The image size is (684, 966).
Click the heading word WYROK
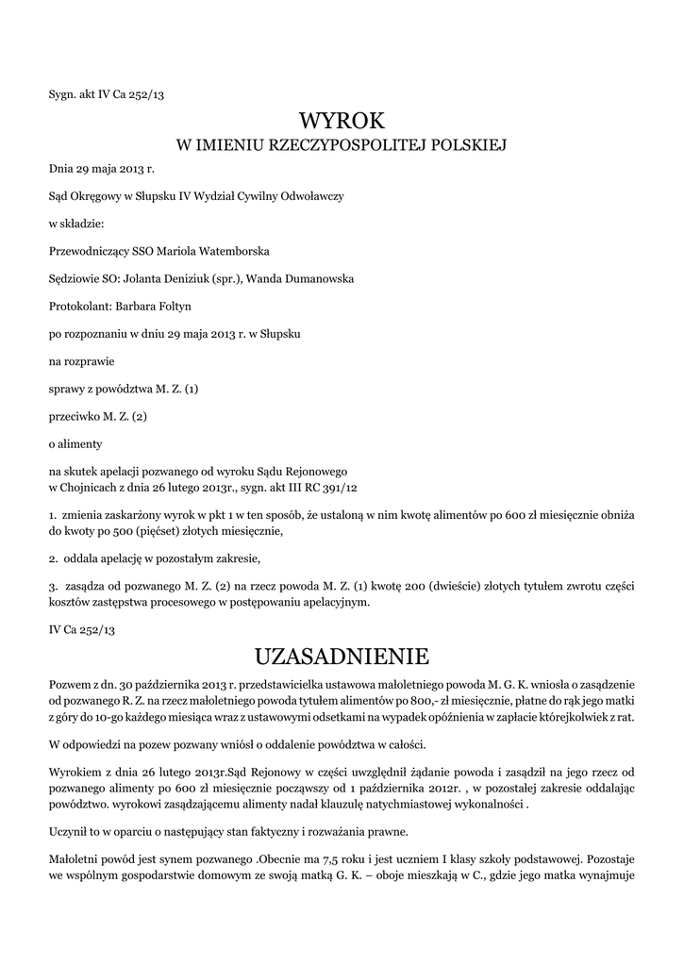coord(342,120)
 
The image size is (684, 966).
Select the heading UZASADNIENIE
coord(342,655)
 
